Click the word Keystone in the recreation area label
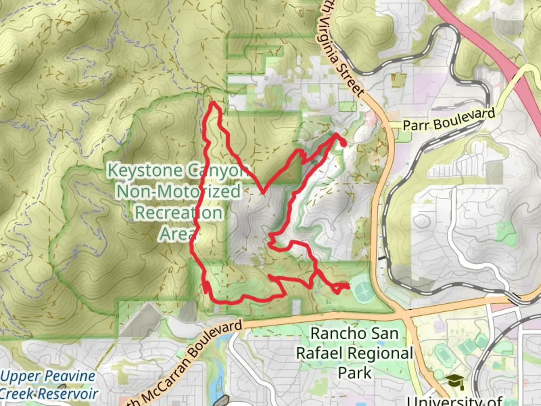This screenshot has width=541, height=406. point(144,170)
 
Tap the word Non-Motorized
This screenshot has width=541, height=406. point(178,191)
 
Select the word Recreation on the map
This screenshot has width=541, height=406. point(178,212)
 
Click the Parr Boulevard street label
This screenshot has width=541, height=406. point(449,120)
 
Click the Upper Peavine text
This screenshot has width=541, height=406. point(48,376)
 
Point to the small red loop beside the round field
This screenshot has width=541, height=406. point(340,288)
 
